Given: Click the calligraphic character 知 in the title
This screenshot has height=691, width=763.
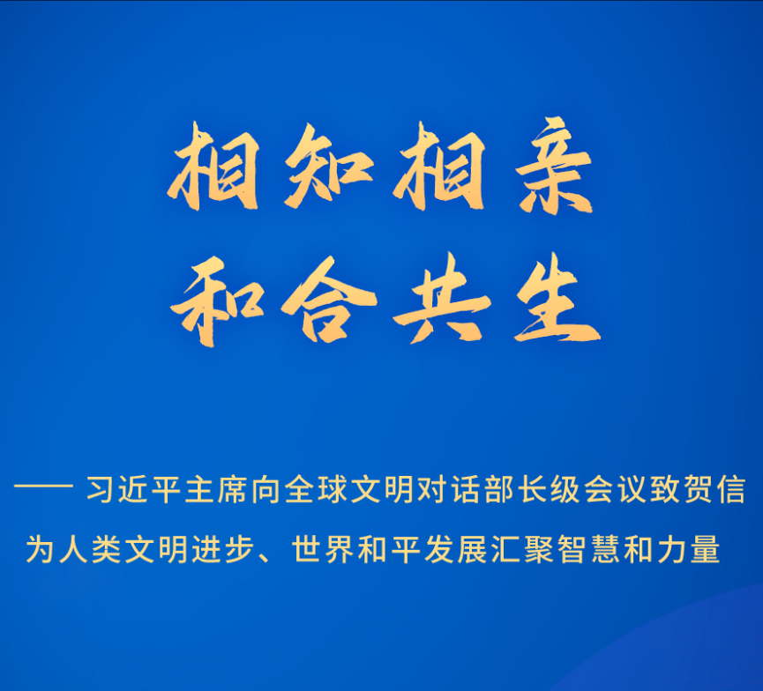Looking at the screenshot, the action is pyautogui.click(x=329, y=166).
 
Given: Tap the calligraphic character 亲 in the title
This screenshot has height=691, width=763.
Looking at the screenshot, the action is pyautogui.click(x=554, y=166).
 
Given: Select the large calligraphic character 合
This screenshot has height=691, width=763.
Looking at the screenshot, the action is pyautogui.click(x=329, y=300).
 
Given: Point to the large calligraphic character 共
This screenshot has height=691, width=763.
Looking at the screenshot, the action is pyautogui.click(x=442, y=299).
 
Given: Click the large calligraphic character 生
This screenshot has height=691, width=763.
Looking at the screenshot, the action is pyautogui.click(x=557, y=300).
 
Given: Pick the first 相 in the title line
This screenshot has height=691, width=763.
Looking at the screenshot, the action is pyautogui.click(x=213, y=166).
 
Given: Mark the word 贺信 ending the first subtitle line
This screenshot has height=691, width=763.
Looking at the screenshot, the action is pyautogui.click(x=714, y=488).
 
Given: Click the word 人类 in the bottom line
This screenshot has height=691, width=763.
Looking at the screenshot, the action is pyautogui.click(x=91, y=549).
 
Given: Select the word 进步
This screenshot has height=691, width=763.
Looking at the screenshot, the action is pyautogui.click(x=223, y=549).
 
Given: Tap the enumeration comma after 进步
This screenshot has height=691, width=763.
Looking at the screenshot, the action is pyautogui.click(x=266, y=557).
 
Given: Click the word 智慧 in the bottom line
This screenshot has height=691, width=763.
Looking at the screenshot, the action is pyautogui.click(x=589, y=549).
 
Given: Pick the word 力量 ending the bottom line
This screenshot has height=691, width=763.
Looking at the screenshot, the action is pyautogui.click(x=689, y=549).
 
